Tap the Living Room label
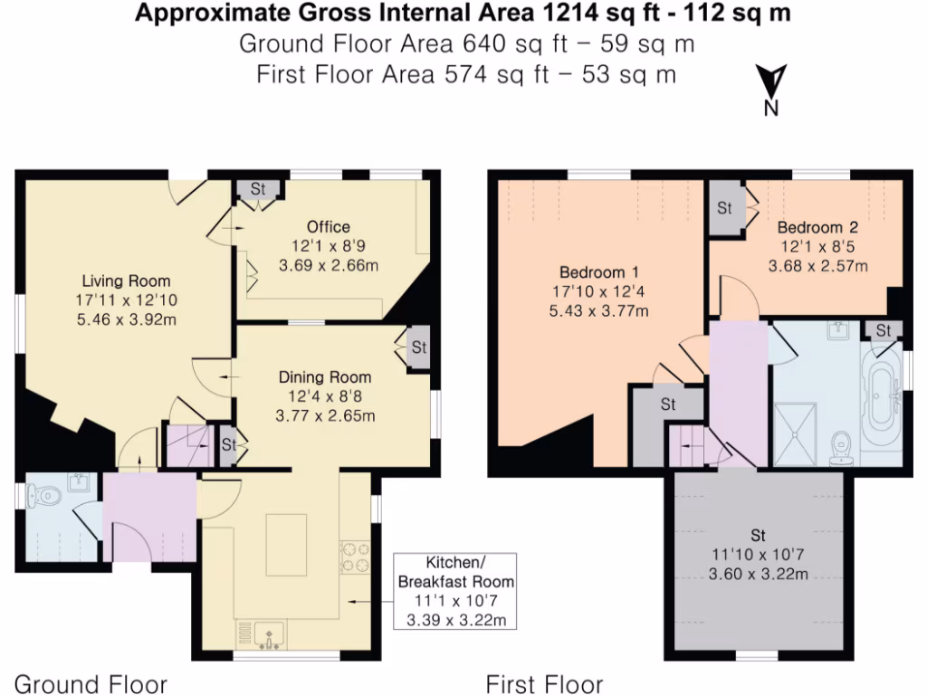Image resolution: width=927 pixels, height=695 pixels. tap(127, 281)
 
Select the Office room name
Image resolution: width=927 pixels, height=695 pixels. tap(328, 226)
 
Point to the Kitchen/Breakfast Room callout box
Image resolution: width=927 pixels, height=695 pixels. tap(455, 591)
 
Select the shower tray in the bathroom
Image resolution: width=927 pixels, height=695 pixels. tap(794, 432)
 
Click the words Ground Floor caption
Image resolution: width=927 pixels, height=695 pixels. tap(91, 683)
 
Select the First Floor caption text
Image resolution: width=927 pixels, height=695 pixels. tap(544, 683)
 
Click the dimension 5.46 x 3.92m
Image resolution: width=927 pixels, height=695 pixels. tap(127, 319)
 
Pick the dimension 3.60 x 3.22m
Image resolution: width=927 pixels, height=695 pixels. tap(757, 574)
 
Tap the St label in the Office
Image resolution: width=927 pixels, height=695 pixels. tap(258, 189)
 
